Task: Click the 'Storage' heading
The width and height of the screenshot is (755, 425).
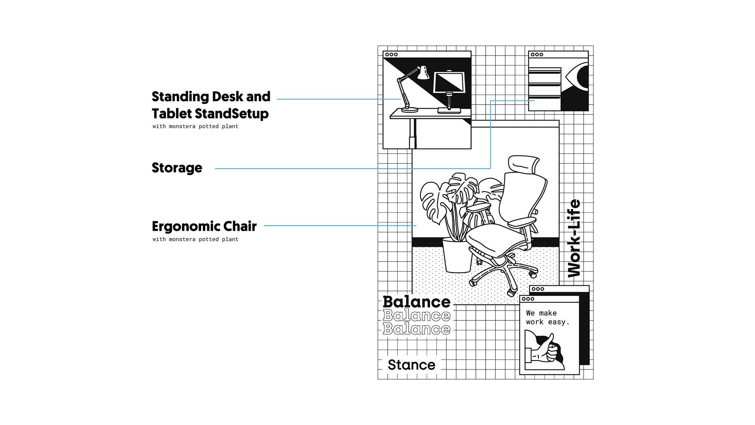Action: pos(177,168)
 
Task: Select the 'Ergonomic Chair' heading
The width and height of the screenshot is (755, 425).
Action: pos(204,226)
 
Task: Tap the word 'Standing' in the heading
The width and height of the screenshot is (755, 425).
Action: pos(180,97)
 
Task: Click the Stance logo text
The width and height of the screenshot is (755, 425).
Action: pos(411,365)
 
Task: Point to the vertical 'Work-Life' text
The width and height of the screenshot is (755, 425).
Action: pos(574,238)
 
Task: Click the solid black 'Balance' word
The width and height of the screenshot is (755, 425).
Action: pos(416,302)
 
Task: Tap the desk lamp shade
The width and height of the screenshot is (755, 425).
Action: pos(423,73)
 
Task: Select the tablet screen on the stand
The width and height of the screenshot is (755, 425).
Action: pos(449,82)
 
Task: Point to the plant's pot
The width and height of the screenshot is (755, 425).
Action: pos(457,256)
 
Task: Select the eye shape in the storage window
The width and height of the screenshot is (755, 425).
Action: pos(578,77)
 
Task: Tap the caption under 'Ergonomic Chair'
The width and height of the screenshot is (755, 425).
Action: pos(195,239)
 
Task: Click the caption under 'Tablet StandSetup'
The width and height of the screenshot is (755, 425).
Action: pos(195,126)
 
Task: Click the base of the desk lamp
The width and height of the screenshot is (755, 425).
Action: pos(410,110)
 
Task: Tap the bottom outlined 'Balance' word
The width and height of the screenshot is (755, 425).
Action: pos(416,329)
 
